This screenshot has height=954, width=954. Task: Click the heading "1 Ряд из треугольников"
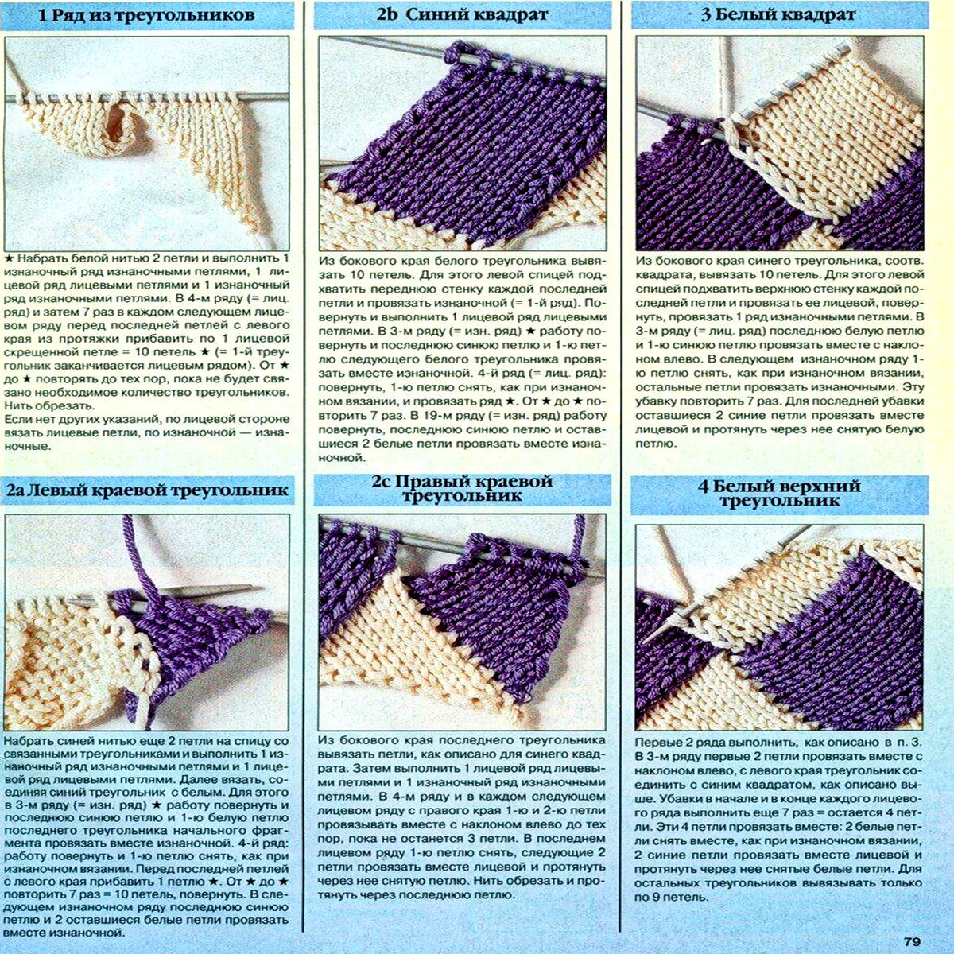[146, 15]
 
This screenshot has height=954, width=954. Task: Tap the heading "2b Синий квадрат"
[462, 14]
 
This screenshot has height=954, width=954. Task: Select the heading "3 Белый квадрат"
[778, 14]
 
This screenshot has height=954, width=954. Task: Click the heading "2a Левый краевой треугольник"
[147, 490]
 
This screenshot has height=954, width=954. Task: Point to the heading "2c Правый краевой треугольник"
[462, 488]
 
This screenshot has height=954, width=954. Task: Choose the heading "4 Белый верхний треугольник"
[779, 493]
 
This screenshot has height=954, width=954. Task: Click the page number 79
[911, 941]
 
